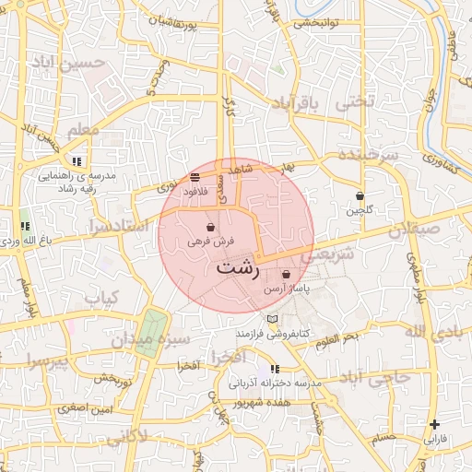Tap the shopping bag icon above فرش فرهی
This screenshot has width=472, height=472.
pos(212,227)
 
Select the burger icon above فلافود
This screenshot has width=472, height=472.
pos(195,177)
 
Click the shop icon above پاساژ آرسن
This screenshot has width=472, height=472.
pos(286,275)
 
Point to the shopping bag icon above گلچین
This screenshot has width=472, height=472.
pos(360,196)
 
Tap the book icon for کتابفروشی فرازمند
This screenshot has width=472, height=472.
pos(271,319)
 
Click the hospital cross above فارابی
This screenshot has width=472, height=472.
pos(434,425)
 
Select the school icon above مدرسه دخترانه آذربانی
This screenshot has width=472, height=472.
pos(275,369)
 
